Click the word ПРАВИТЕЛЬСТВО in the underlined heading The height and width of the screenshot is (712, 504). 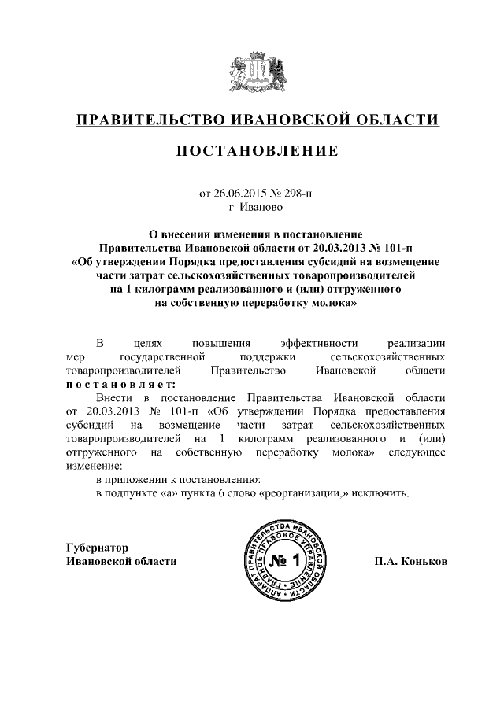click(147, 120)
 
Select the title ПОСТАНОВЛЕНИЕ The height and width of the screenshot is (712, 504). click(257, 151)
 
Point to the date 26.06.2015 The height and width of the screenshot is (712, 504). click(239, 193)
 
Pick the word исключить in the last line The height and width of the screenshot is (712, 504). click(384, 494)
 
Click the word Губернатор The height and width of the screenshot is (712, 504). click(98, 548)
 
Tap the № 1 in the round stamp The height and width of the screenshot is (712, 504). click(280, 562)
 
